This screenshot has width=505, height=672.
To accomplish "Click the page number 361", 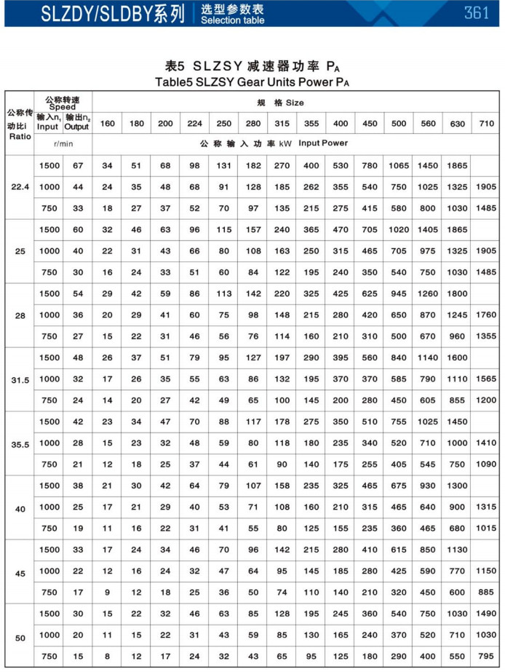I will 477,14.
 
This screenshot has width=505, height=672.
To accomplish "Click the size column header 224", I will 195,123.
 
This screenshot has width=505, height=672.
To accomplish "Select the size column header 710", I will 486,123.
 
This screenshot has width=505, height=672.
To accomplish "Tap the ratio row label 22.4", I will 20,187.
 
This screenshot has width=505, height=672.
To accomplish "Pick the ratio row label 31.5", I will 20,379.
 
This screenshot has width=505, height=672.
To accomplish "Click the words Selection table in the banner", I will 232,20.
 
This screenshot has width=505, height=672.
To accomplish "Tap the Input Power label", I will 323,143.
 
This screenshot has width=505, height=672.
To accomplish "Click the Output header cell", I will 77,127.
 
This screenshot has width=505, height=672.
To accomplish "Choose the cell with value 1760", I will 486,315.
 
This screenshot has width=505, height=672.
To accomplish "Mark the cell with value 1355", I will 486,336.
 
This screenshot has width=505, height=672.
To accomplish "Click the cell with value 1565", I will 486,379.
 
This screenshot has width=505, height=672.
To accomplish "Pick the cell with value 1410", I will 486,443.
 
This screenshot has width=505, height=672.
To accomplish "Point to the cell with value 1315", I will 486,507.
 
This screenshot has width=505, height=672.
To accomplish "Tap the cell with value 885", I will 486,592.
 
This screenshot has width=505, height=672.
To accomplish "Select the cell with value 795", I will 486,656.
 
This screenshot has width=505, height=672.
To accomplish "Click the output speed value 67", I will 78,166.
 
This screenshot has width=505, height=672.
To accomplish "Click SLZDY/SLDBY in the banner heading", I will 69,14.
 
